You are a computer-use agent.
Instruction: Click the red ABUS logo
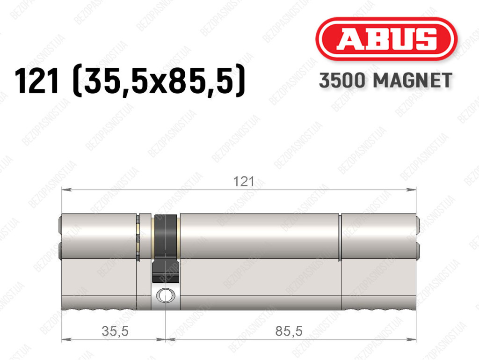tap(386, 39)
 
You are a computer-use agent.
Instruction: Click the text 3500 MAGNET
tap(385, 81)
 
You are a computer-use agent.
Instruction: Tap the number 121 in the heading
tap(36, 81)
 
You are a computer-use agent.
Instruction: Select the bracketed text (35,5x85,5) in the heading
tap(159, 81)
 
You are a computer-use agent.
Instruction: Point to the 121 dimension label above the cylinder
tap(243, 182)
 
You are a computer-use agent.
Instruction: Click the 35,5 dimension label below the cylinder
tap(115, 331)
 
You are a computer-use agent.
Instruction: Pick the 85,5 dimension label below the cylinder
tap(289, 331)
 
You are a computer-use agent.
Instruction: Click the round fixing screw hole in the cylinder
tap(166, 295)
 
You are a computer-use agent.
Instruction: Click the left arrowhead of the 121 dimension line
tap(66, 190)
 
